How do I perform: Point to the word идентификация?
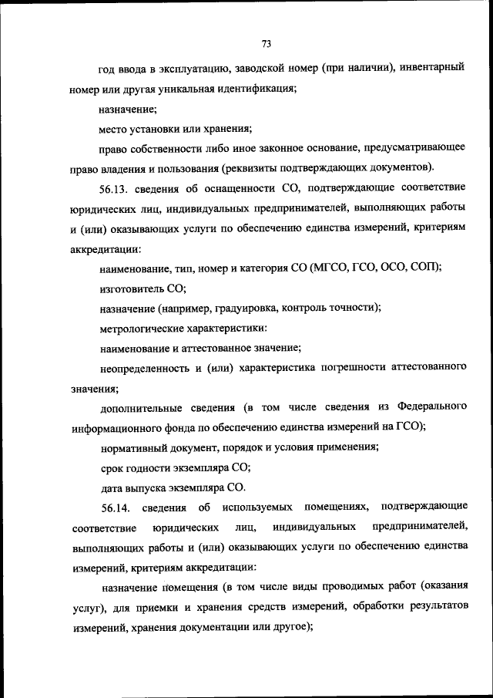click(253, 89)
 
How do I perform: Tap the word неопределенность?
click(144, 368)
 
